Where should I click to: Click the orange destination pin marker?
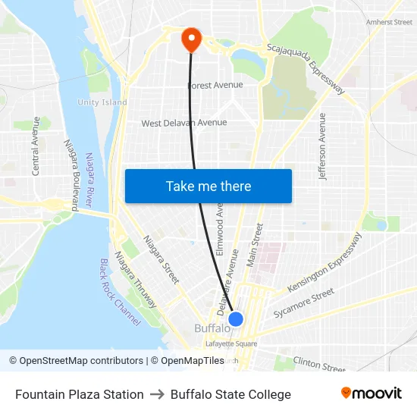point(190,39)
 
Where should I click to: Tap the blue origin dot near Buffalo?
point(236,319)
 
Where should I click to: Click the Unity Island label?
point(102,102)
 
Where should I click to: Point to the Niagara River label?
point(93,182)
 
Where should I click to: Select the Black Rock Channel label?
point(120,292)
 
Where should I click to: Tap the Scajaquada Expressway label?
point(306,69)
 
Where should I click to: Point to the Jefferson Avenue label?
point(324,146)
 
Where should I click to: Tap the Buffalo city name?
point(212,328)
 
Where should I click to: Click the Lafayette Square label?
point(231,343)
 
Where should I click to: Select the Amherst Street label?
point(389,23)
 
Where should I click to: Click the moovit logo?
point(371,393)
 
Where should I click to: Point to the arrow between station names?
point(157,394)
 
